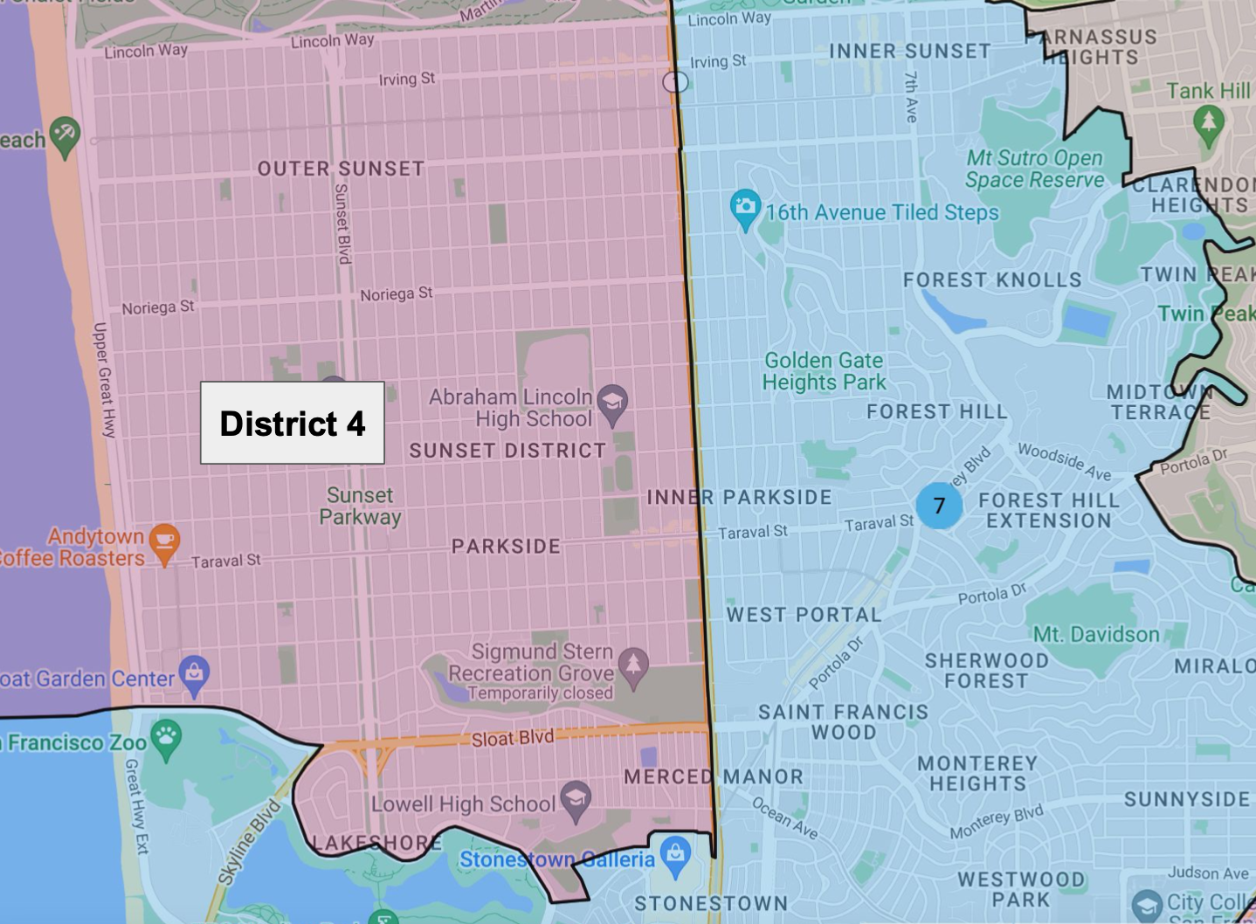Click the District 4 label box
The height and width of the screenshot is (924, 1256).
tap(293, 423)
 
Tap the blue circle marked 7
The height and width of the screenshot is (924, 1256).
tap(939, 506)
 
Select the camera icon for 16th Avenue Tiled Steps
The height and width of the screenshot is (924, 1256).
tap(745, 208)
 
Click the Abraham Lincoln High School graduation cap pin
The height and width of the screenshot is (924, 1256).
tap(612, 403)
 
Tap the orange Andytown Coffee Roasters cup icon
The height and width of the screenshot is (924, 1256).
tap(164, 541)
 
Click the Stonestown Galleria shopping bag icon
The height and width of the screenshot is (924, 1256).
tap(675, 855)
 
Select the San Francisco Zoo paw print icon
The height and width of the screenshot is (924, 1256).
tap(166, 738)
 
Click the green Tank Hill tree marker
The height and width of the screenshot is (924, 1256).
tap(1208, 121)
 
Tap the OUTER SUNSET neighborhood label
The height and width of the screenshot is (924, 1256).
tap(341, 169)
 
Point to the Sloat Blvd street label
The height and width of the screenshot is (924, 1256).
tap(513, 738)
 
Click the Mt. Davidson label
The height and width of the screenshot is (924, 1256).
tap(1096, 635)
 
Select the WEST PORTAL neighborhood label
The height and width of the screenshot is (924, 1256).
tap(804, 615)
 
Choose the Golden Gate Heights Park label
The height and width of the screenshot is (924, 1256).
tap(824, 371)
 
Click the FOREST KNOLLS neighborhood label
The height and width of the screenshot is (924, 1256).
tap(992, 280)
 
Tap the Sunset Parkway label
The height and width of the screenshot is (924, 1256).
tap(360, 507)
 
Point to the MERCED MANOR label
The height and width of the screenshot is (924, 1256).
tap(713, 776)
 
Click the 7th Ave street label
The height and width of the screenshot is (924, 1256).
tap(911, 96)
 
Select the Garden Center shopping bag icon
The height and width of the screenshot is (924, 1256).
tap(194, 673)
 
